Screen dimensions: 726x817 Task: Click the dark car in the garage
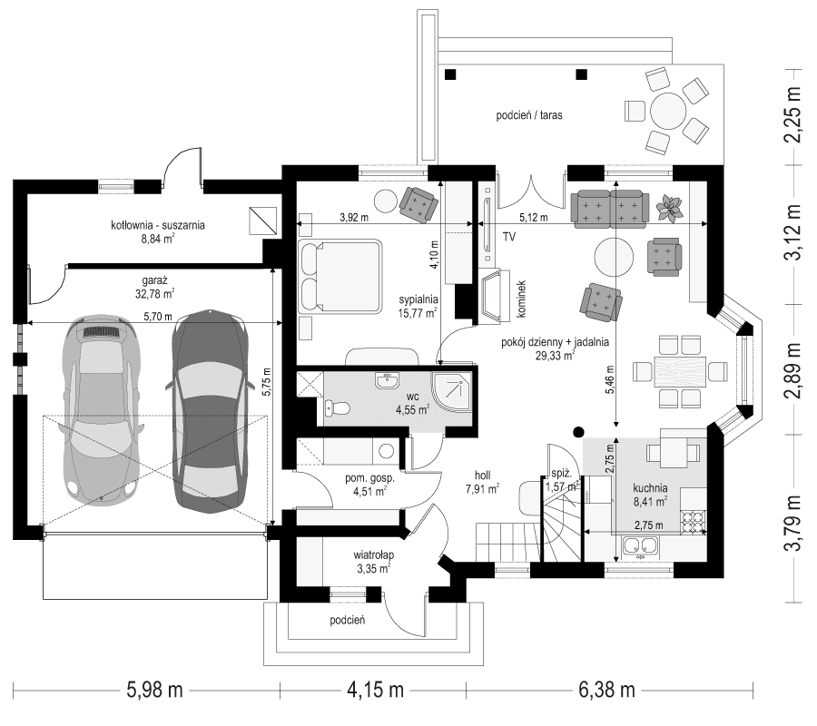(x=211, y=410)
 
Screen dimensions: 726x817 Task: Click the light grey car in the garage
(x=100, y=410)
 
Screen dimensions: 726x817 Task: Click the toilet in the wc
(x=335, y=410)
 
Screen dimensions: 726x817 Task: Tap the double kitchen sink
(x=642, y=546)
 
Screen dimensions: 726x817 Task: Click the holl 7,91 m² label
(x=481, y=482)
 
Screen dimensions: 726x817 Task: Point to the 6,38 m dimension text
(x=605, y=690)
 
